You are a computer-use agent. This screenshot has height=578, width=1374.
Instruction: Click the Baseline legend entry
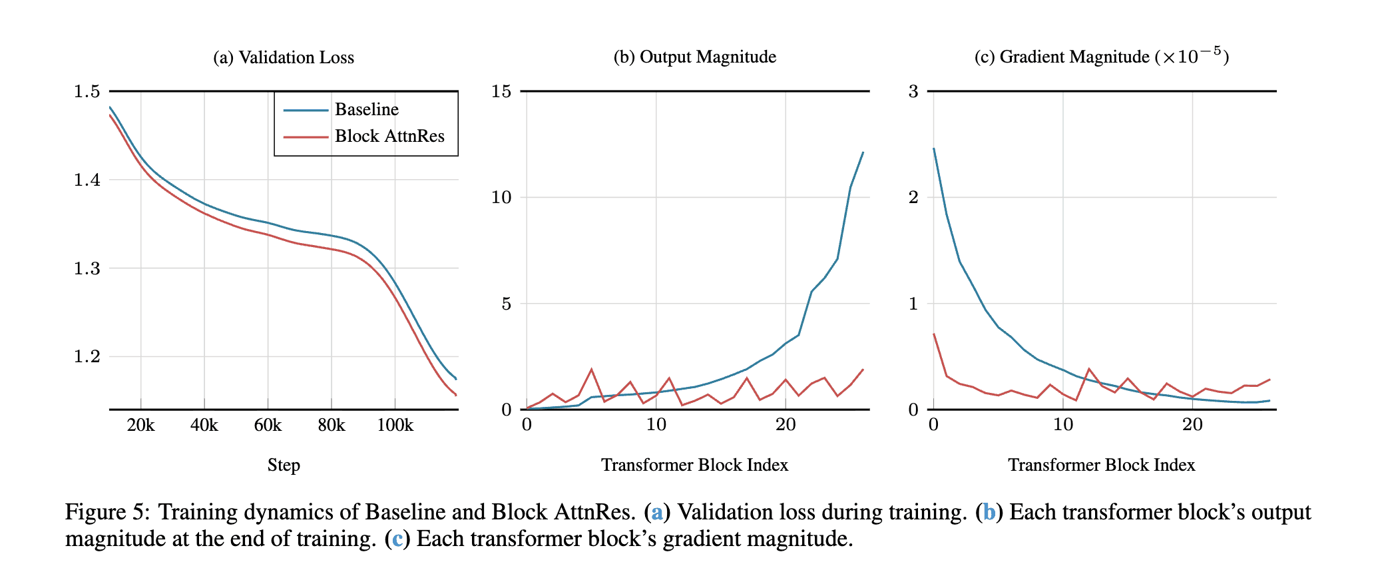tap(366, 109)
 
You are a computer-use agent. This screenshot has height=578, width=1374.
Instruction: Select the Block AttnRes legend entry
tap(389, 136)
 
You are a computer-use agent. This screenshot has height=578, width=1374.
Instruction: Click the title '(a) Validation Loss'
tap(284, 57)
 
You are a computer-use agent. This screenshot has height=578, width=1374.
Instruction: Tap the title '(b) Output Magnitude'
tap(694, 57)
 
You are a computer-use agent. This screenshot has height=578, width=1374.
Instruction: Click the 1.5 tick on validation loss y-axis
tap(87, 91)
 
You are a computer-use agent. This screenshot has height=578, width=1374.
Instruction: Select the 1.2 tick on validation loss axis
tap(87, 356)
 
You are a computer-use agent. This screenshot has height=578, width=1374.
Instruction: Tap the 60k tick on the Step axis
tap(268, 426)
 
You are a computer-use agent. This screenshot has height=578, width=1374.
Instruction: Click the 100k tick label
tap(395, 426)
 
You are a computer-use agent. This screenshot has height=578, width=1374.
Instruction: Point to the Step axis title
tap(284, 465)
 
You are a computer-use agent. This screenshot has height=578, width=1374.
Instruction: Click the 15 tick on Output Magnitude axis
tap(501, 91)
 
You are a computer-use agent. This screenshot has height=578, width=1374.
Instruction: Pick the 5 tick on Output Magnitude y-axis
tap(506, 304)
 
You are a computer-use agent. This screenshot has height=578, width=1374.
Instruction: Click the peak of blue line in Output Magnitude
tap(863, 152)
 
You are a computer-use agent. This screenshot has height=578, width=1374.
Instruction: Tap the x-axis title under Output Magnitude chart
tap(694, 465)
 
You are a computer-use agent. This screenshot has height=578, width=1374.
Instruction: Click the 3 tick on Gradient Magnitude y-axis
tap(913, 91)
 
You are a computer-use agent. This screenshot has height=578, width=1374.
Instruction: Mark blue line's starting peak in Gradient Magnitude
tap(934, 148)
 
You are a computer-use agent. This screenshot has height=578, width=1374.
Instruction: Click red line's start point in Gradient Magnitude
tap(934, 334)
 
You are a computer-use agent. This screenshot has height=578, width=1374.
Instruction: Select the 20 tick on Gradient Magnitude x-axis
tap(1192, 425)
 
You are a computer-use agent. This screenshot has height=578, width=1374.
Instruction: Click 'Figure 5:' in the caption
tap(107, 512)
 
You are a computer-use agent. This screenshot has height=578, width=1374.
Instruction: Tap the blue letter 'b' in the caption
tap(989, 512)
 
